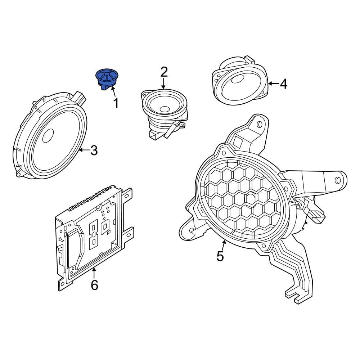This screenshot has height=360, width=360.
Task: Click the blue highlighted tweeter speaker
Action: pos(107,79)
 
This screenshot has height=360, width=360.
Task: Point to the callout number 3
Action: pos(94,150)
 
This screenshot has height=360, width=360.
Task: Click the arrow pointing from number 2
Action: pos(163,84)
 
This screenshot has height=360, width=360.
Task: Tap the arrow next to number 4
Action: pos(273,84)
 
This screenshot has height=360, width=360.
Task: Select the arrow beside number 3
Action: pos(84,150)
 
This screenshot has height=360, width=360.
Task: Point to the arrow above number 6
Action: pos(94,273)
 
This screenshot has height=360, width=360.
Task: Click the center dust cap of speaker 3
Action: pos(48,136)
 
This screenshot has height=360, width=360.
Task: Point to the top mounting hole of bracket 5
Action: pos(260,125)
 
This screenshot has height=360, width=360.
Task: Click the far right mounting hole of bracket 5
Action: pos(338,180)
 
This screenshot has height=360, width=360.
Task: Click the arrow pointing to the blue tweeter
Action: pos(113,91)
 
